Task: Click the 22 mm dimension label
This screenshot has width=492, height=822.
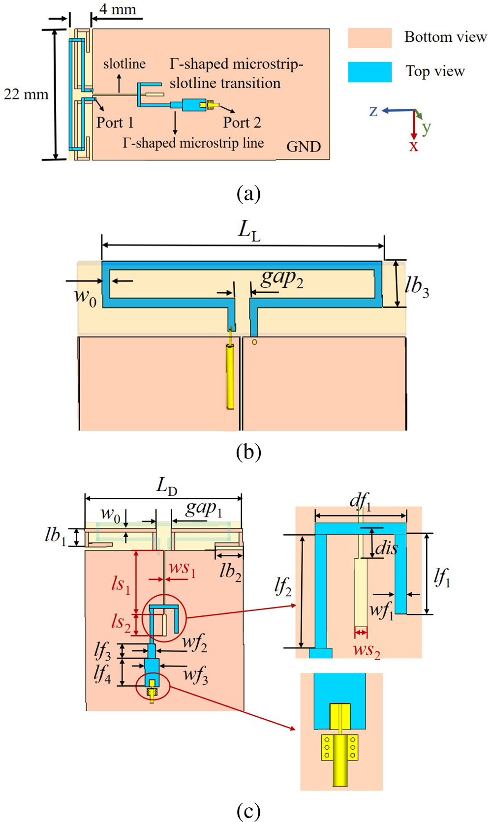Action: click(26, 94)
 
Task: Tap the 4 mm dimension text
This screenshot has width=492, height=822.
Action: click(118, 9)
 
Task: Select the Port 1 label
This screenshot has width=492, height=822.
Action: click(115, 122)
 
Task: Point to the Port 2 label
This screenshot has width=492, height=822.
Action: click(242, 122)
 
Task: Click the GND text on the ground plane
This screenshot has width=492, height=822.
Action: click(304, 147)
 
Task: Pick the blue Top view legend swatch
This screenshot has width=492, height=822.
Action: click(370, 72)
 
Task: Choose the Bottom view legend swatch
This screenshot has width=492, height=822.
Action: click(370, 38)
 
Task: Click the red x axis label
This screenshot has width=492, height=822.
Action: click(414, 146)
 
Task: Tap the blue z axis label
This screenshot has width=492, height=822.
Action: click(373, 111)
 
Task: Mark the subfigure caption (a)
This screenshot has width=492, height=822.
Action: click(248, 194)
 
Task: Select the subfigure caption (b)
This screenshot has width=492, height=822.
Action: click(248, 452)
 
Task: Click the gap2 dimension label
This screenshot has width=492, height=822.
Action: click(282, 278)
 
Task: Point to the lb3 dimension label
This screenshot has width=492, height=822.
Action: click(417, 286)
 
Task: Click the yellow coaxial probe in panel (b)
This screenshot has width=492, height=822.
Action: click(230, 376)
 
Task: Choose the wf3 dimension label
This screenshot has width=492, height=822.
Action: click(196, 675)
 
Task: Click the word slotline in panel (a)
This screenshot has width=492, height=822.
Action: click(124, 64)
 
